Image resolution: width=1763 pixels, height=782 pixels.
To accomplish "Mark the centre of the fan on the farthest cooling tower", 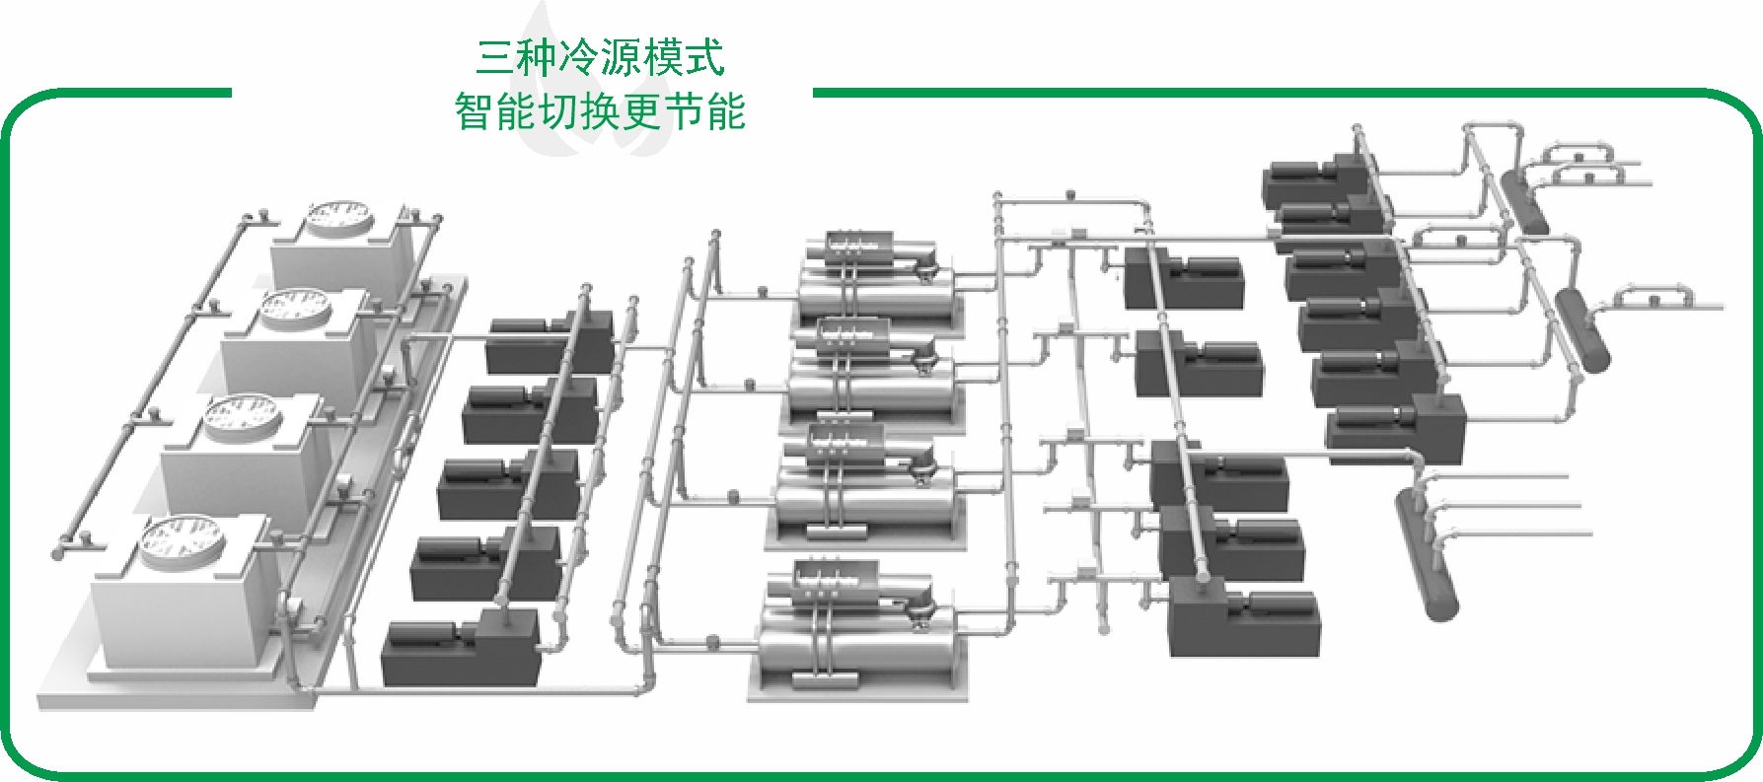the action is coord(338,215).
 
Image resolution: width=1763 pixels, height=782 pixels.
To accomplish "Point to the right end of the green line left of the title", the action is coord(231,93).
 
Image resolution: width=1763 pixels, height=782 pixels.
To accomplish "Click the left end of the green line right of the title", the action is coord(813,93).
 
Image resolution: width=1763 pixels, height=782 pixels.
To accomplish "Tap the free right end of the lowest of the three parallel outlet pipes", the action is coord(1591,534).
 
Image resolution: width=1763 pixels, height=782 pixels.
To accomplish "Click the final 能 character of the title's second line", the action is coord(726,111).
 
